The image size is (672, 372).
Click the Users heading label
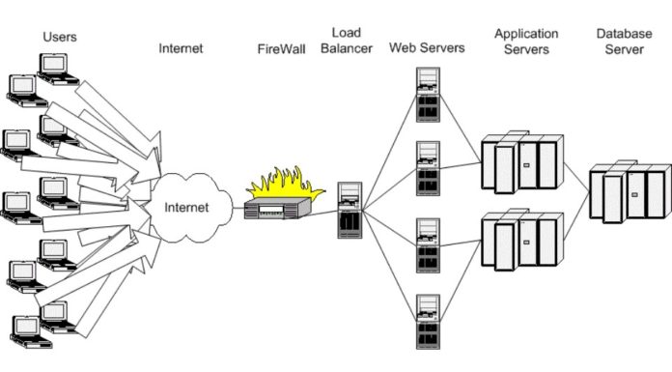(x=59, y=37)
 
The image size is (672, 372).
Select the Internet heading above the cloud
(x=181, y=47)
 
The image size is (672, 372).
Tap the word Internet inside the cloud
(x=186, y=207)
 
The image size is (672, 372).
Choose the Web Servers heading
(x=427, y=47)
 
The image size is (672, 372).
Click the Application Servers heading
(x=526, y=40)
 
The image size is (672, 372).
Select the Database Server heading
(x=624, y=40)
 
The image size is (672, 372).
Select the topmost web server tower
(x=427, y=94)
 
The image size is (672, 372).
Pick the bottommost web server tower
(x=427, y=321)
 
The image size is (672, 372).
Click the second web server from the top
(x=427, y=169)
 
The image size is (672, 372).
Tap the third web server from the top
(x=427, y=245)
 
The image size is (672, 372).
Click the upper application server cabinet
(x=521, y=163)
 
